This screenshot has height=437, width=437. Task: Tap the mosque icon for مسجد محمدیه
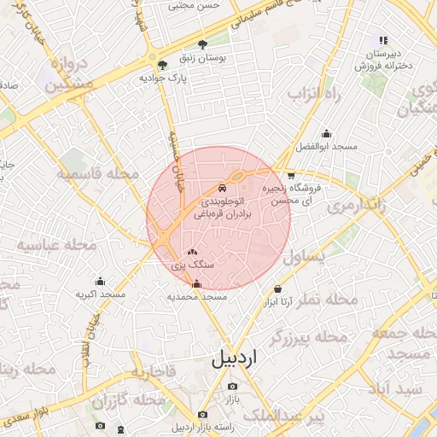tap(197, 283)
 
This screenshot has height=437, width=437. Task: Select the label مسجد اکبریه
tap(101, 294)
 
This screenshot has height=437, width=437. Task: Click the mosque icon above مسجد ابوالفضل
tap(325, 133)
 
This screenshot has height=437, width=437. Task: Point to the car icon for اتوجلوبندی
tap(222, 187)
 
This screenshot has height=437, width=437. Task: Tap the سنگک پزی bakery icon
tap(192, 253)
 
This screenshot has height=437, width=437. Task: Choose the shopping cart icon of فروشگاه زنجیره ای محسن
tap(292, 175)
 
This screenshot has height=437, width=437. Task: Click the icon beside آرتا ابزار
tap(277, 288)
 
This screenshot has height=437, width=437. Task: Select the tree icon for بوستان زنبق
tap(202, 44)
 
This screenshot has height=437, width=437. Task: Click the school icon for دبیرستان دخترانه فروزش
tap(383, 40)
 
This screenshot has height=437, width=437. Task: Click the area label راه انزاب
tap(313, 95)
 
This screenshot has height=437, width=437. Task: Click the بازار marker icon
tap(232, 386)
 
